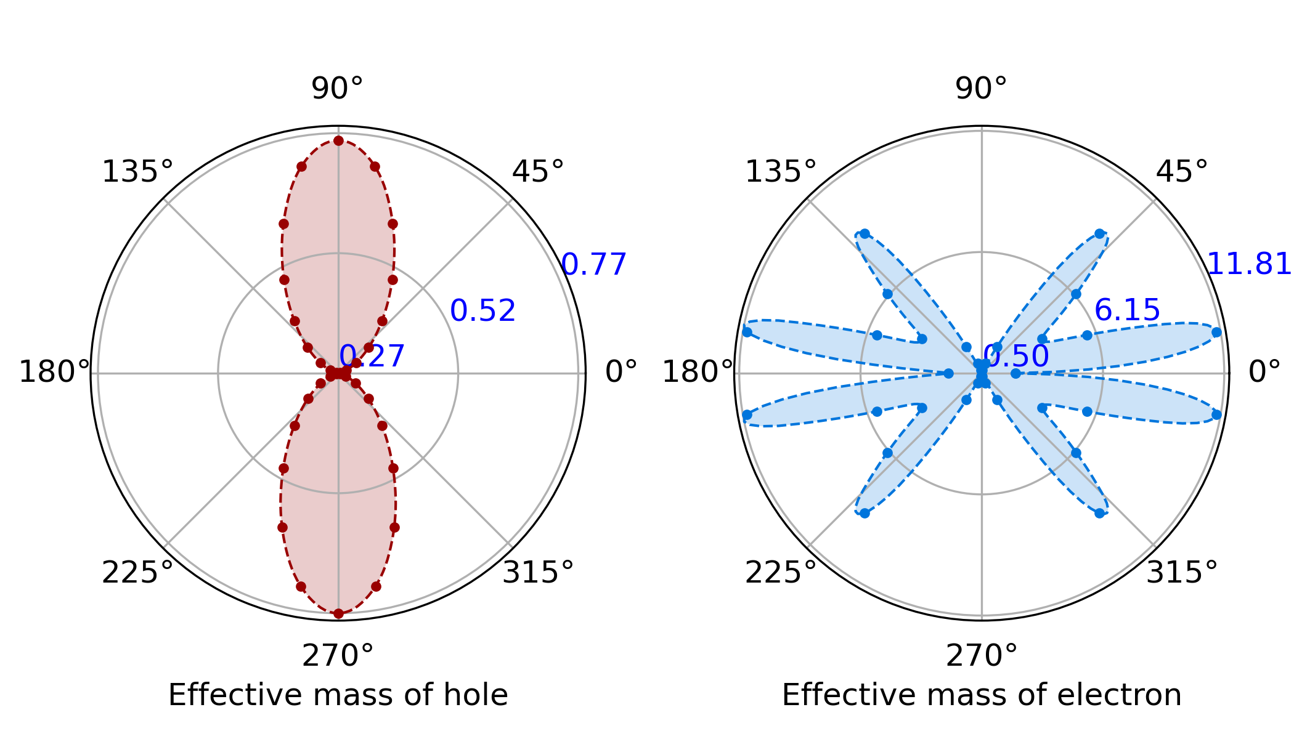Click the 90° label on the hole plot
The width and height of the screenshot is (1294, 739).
click(337, 89)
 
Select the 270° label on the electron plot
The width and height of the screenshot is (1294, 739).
click(982, 656)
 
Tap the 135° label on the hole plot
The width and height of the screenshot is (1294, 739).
click(137, 172)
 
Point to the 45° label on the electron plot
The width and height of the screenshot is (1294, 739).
click(1182, 172)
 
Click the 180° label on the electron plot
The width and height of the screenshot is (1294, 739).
click(698, 373)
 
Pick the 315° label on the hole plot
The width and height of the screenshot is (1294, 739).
click(538, 573)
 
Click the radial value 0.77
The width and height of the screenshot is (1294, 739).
click(594, 265)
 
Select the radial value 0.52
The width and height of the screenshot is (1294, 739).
click(482, 311)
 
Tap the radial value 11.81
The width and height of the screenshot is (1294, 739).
click(1249, 265)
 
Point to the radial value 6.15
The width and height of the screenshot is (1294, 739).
click(1127, 310)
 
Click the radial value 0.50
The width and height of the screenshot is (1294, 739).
click(1016, 357)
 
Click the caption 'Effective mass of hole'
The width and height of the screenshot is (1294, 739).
click(338, 695)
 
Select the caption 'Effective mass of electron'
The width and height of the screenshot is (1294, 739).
click(982, 695)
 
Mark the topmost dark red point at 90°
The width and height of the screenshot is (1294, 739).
click(338, 141)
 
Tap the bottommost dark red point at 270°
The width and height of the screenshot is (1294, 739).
click(338, 613)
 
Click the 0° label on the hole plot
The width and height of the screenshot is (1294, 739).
click(621, 373)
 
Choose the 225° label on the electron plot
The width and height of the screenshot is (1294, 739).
click(781, 573)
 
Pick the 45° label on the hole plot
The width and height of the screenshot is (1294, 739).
click(538, 172)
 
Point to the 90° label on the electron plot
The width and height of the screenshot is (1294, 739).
click(981, 89)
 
